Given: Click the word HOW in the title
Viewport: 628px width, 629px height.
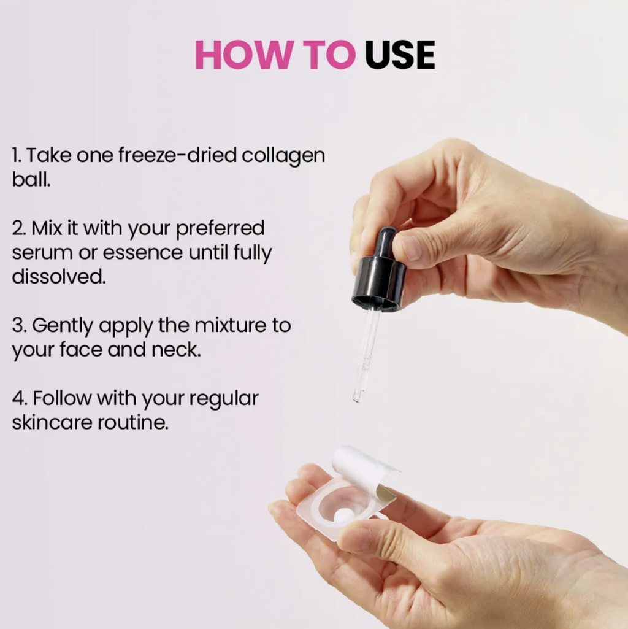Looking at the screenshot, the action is (242, 55).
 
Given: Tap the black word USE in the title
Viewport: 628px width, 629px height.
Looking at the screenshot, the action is (400, 55).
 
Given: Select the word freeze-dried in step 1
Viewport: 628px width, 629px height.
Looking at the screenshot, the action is (177, 155).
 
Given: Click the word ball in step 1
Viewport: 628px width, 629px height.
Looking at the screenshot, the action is (31, 179).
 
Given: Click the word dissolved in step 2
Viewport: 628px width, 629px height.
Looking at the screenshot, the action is (59, 276).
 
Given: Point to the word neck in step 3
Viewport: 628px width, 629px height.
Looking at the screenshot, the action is (176, 349).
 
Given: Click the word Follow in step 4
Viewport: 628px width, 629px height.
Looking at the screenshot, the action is (62, 398).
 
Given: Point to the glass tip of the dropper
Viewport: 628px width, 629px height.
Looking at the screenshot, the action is (358, 395).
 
